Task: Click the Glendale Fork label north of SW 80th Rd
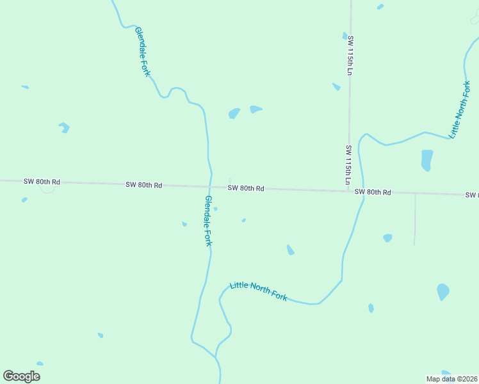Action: [142, 52]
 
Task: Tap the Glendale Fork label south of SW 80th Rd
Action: [208, 221]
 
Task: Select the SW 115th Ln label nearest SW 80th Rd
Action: [348, 165]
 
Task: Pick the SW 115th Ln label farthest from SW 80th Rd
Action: [350, 56]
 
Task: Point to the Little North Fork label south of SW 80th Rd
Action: [258, 291]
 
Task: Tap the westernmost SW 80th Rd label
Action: [42, 182]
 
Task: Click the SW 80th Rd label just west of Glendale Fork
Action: [144, 185]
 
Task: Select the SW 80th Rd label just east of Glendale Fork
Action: [246, 188]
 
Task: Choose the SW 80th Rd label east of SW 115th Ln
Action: [373, 192]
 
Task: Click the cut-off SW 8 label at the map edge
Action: [472, 195]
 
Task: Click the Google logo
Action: [21, 376]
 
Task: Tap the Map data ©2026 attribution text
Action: [451, 379]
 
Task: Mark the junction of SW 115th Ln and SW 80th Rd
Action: [348, 190]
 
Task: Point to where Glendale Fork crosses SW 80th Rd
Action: [210, 186]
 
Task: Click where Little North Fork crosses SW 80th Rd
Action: [363, 191]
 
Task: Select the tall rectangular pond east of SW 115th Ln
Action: [427, 160]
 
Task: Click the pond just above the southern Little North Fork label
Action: [290, 250]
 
